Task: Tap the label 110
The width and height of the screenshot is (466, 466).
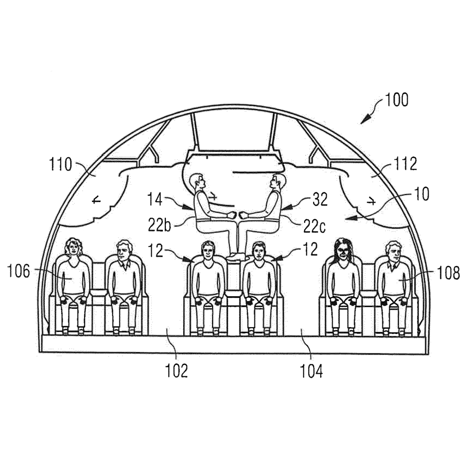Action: coord(60,164)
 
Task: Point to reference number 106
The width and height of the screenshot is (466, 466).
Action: coord(19,271)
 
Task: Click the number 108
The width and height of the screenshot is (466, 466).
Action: coord(448,272)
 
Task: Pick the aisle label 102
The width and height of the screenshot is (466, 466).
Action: coord(177,371)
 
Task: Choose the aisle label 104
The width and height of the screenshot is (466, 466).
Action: coord(311,371)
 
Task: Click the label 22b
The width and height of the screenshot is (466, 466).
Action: coord(160,225)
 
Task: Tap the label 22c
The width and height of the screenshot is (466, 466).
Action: coord(315,227)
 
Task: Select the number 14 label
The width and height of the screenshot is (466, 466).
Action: coord(155,199)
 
